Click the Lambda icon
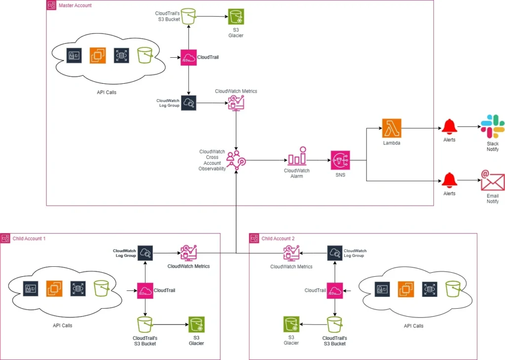pyautogui.click(x=391, y=128)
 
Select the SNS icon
pyautogui.click(x=341, y=160)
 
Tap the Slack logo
pyautogui.click(x=492, y=126)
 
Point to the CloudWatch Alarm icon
pyautogui.click(x=296, y=156)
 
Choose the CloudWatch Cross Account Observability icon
pyautogui.click(x=236, y=160)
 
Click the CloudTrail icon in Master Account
pyautogui.click(x=188, y=58)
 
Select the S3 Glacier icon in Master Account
pyautogui.click(x=236, y=17)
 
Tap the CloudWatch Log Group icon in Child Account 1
pyautogui.click(x=145, y=253)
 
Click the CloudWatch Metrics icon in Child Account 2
pyautogui.click(x=291, y=253)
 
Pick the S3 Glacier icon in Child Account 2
pyautogui.click(x=291, y=324)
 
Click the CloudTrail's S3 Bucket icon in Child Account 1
pyautogui.click(x=145, y=324)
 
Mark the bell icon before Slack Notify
pyautogui.click(x=449, y=127)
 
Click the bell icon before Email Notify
pyautogui.click(x=449, y=180)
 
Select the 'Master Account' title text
pyautogui.click(x=75, y=5)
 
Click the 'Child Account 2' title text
pyautogui.click(x=278, y=239)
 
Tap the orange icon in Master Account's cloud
pyautogui.click(x=98, y=55)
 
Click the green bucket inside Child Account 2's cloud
pyautogui.click(x=453, y=289)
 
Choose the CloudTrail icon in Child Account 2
pyautogui.click(x=335, y=290)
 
